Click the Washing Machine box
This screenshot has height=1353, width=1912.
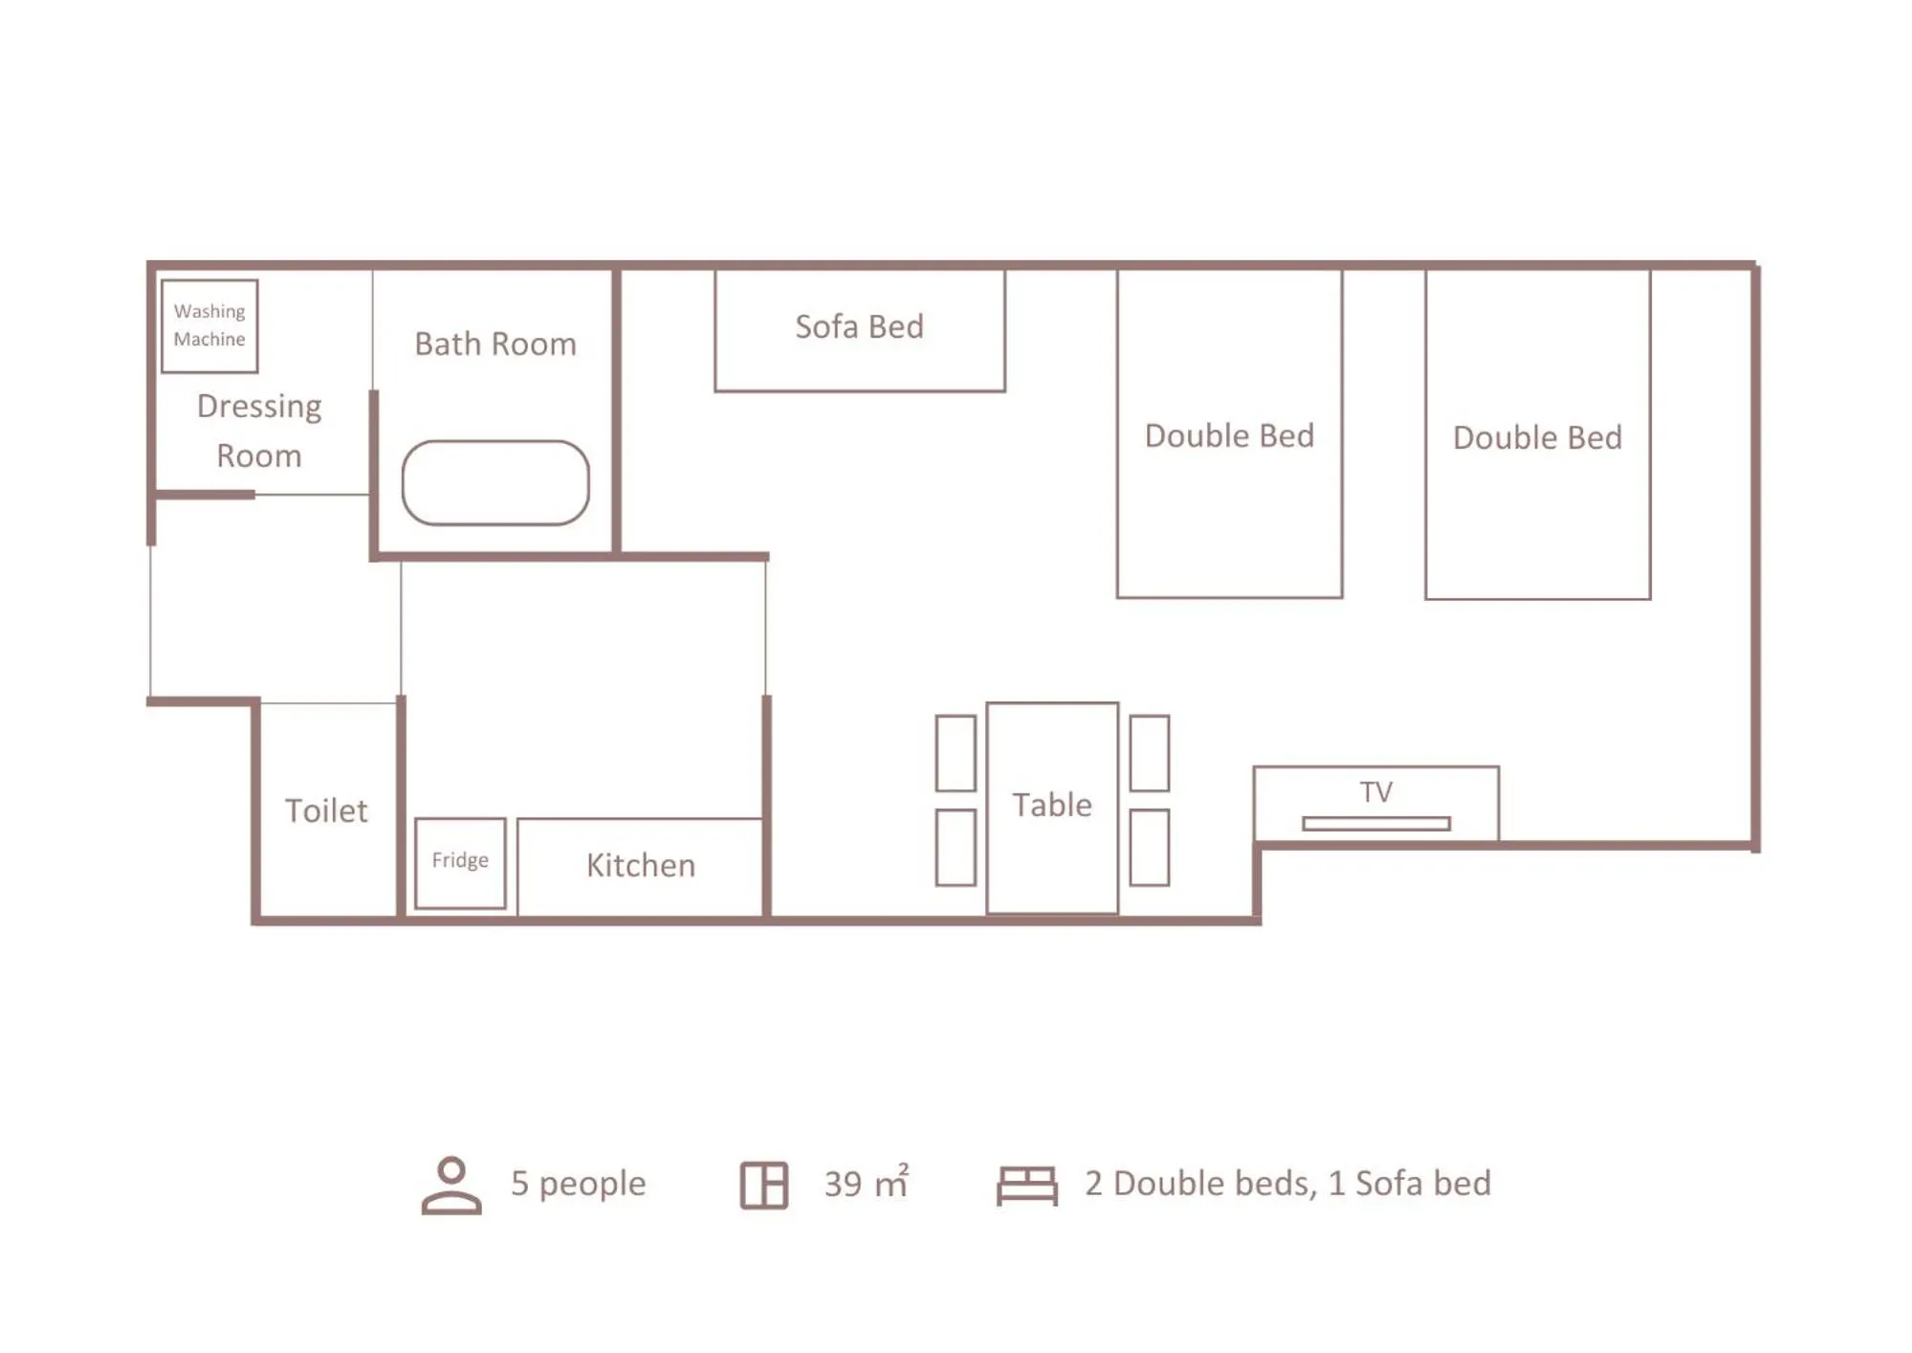tap(209, 325)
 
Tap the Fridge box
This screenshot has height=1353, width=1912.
tap(460, 862)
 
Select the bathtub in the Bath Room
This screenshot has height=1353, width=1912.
tap(495, 482)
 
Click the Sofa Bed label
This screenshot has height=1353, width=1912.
tap(859, 327)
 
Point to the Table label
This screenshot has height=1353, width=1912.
tap(1052, 806)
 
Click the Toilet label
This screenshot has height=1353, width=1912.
tap(326, 811)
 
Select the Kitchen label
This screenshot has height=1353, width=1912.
tap(641, 866)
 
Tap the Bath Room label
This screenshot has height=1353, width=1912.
tap(495, 344)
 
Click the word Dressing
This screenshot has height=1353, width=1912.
tap(259, 407)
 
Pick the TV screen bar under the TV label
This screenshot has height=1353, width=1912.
tap(1375, 824)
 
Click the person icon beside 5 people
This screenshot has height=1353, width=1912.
tap(451, 1185)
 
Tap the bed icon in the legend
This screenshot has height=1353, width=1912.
tap(1027, 1186)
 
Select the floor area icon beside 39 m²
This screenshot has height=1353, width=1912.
tap(764, 1186)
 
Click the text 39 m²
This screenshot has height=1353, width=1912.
tap(867, 1184)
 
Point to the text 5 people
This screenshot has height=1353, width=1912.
tap(578, 1184)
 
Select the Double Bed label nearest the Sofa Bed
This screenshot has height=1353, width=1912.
tap(1229, 436)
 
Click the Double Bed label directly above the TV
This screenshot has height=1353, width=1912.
tap(1537, 438)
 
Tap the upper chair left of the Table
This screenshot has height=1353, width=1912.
tap(956, 753)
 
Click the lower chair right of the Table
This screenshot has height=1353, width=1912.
tap(1149, 848)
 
